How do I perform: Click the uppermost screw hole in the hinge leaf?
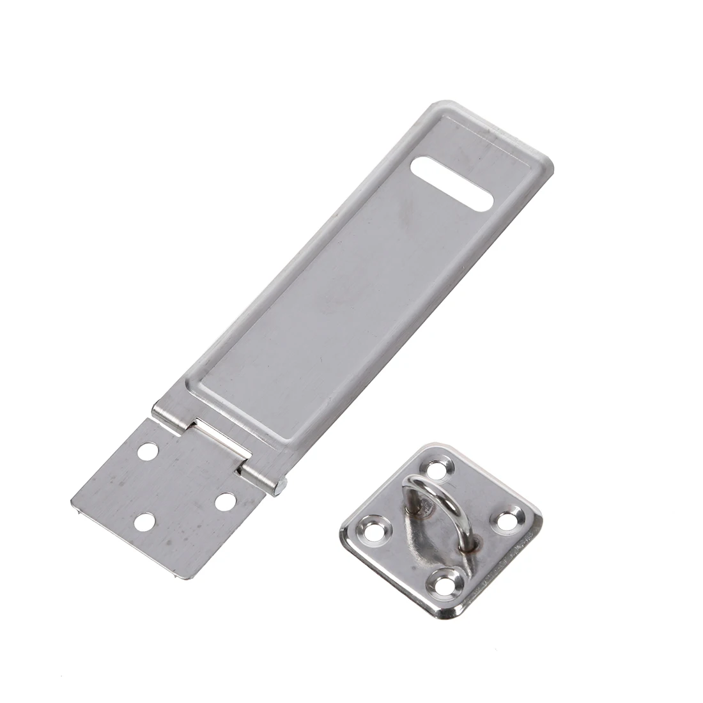pyautogui.click(x=148, y=451)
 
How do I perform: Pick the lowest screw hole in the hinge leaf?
pyautogui.click(x=146, y=524)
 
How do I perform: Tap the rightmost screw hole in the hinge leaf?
pyautogui.click(x=224, y=502)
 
